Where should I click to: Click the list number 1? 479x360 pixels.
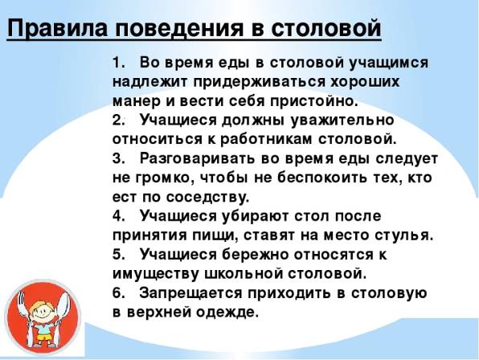tap(117, 63)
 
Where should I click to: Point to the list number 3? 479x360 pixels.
tap(117, 158)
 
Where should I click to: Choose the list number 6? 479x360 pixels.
tap(117, 293)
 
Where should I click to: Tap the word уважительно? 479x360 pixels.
tap(342, 121)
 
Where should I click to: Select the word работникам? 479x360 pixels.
tap(265, 140)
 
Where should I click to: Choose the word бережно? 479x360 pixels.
tap(255, 254)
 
